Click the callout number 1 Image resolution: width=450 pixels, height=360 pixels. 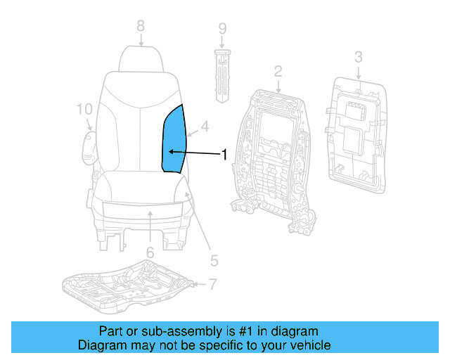pyautogui.click(x=225, y=155)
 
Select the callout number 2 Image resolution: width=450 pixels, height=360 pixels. pyautogui.click(x=278, y=71)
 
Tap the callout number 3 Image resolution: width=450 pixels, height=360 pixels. pyautogui.click(x=358, y=57)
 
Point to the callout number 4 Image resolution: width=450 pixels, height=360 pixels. pyautogui.click(x=205, y=127)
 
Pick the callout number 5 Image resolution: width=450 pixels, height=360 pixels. pyautogui.click(x=214, y=261)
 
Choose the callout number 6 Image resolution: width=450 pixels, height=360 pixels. pyautogui.click(x=150, y=252)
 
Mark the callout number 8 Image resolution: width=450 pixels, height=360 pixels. pyautogui.click(x=141, y=25)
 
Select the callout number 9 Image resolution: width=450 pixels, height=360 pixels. pyautogui.click(x=222, y=30)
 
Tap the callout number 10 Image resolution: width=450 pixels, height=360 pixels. pyautogui.click(x=84, y=109)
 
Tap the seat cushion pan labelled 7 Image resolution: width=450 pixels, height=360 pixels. pyautogui.click(x=127, y=285)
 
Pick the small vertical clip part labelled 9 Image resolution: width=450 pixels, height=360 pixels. pyautogui.click(x=221, y=74)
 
